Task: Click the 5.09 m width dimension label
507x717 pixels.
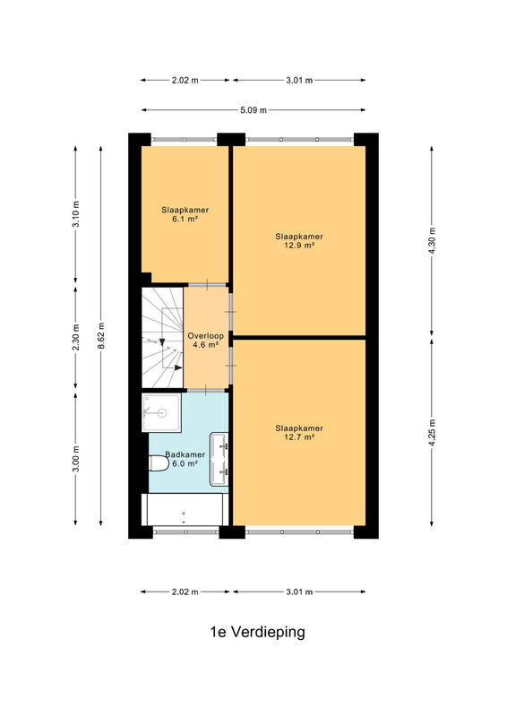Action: (253, 109)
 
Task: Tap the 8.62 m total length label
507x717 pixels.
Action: (101, 335)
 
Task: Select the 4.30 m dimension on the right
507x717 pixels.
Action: (432, 241)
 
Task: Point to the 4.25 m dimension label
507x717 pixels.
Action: (432, 432)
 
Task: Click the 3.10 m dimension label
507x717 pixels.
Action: (76, 214)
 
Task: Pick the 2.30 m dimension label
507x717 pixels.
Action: (76, 337)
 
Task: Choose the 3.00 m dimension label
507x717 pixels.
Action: (76, 459)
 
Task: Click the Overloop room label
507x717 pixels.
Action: (206, 335)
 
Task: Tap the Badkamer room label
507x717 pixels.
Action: (185, 454)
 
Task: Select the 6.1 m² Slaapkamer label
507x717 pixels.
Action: (185, 214)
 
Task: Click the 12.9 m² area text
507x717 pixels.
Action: (299, 245)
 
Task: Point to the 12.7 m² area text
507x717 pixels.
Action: (299, 436)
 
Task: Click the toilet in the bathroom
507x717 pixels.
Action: (159, 462)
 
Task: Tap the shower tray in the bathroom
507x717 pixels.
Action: (161, 412)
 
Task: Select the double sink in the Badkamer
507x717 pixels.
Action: (219, 459)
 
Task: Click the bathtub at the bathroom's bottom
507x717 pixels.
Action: (185, 509)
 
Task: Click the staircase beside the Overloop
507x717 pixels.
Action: (162, 338)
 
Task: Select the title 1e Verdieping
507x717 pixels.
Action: (257, 632)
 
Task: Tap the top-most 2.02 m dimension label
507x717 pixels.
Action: (185, 80)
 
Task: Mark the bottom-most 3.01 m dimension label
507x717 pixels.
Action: (299, 592)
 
